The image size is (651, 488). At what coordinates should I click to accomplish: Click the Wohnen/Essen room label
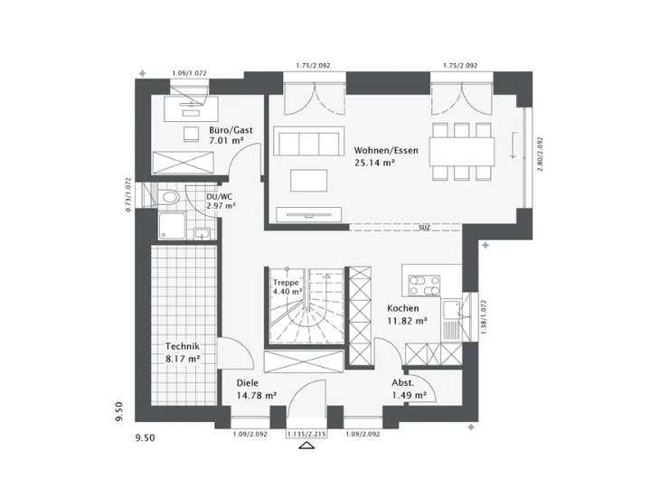[386, 149]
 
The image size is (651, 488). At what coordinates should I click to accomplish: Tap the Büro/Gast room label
[231, 130]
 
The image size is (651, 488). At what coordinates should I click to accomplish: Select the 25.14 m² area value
[375, 163]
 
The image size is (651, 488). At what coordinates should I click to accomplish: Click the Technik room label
[182, 346]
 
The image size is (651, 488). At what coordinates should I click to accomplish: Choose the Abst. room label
[403, 382]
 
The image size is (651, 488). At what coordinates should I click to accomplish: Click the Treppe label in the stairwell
[286, 280]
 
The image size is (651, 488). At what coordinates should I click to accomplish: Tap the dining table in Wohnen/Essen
[464, 149]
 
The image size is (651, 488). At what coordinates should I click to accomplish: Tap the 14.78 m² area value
[257, 395]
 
